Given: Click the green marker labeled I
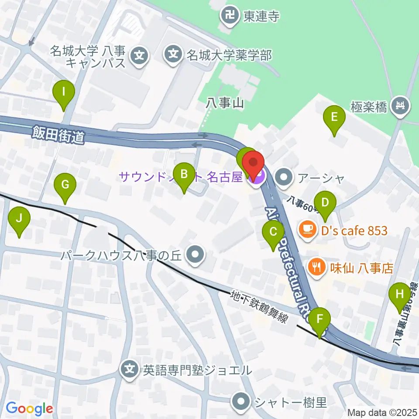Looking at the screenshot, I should tap(64, 93).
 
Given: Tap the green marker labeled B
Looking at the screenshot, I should tap(184, 175).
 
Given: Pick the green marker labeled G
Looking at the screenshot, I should tap(65, 185).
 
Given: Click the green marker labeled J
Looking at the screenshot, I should tap(19, 218).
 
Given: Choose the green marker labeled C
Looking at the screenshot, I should tap(273, 232).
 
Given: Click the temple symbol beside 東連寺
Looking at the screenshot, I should tap(230, 17).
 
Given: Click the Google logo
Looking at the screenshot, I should tap(29, 409).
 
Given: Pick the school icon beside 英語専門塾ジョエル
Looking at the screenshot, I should tap(130, 370).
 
